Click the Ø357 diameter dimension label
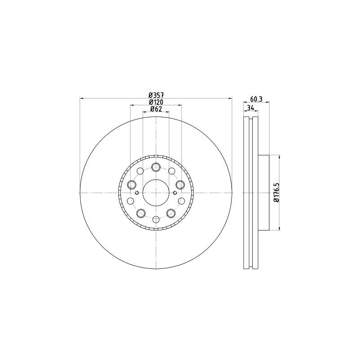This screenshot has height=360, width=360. (156, 95)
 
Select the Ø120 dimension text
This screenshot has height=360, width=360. (156, 102)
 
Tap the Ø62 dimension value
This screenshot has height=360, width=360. (156, 109)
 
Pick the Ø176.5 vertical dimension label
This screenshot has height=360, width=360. (276, 192)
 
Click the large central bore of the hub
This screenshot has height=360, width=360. (156, 193)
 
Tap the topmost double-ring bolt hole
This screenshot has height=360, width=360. (156, 166)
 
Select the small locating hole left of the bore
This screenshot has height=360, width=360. (137, 192)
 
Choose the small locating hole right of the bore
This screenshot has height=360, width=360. (175, 192)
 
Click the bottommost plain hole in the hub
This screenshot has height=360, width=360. (156, 219)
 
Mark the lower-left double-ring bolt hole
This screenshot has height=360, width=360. (140, 213)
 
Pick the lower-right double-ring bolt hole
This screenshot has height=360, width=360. (171, 213)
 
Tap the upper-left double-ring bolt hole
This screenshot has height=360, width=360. (132, 184)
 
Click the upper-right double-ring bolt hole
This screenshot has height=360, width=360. (180, 184)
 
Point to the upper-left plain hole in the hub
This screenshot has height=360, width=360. (140, 171)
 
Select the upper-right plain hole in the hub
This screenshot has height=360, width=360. (172, 171)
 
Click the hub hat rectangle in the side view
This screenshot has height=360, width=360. (264, 193)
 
